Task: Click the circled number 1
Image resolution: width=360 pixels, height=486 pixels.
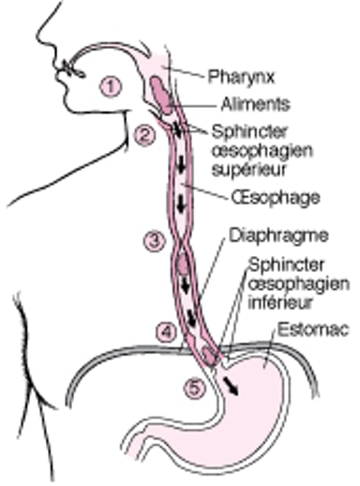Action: click(111, 86)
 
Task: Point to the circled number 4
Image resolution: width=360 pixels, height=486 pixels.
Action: click(165, 330)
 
